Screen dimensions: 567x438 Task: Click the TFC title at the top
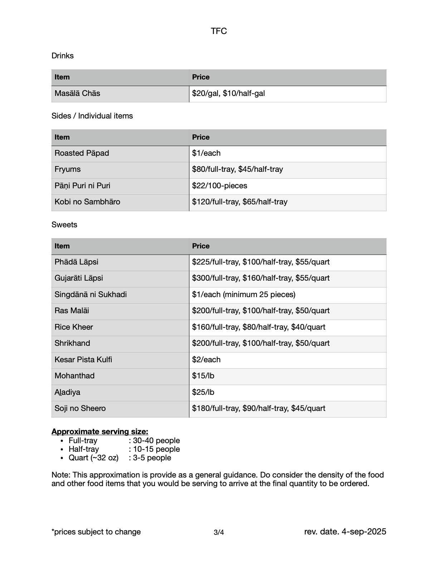(x=219, y=31)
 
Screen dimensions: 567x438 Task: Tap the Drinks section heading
(x=63, y=56)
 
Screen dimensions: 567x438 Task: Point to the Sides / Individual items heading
(x=92, y=116)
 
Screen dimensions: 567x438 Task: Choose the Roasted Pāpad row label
(x=82, y=153)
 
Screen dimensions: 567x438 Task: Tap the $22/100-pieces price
(x=219, y=186)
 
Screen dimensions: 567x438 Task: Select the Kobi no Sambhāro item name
(x=87, y=202)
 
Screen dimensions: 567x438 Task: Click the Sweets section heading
(x=64, y=225)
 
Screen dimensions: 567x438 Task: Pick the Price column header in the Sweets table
(x=201, y=246)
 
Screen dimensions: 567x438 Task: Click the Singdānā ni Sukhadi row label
(x=91, y=295)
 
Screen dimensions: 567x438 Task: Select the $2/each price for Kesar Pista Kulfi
(x=206, y=360)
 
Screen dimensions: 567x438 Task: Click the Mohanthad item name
(x=74, y=376)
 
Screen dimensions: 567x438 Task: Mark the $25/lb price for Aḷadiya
(x=203, y=392)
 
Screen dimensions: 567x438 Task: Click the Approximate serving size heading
(x=100, y=432)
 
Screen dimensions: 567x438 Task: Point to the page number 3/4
(x=219, y=532)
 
